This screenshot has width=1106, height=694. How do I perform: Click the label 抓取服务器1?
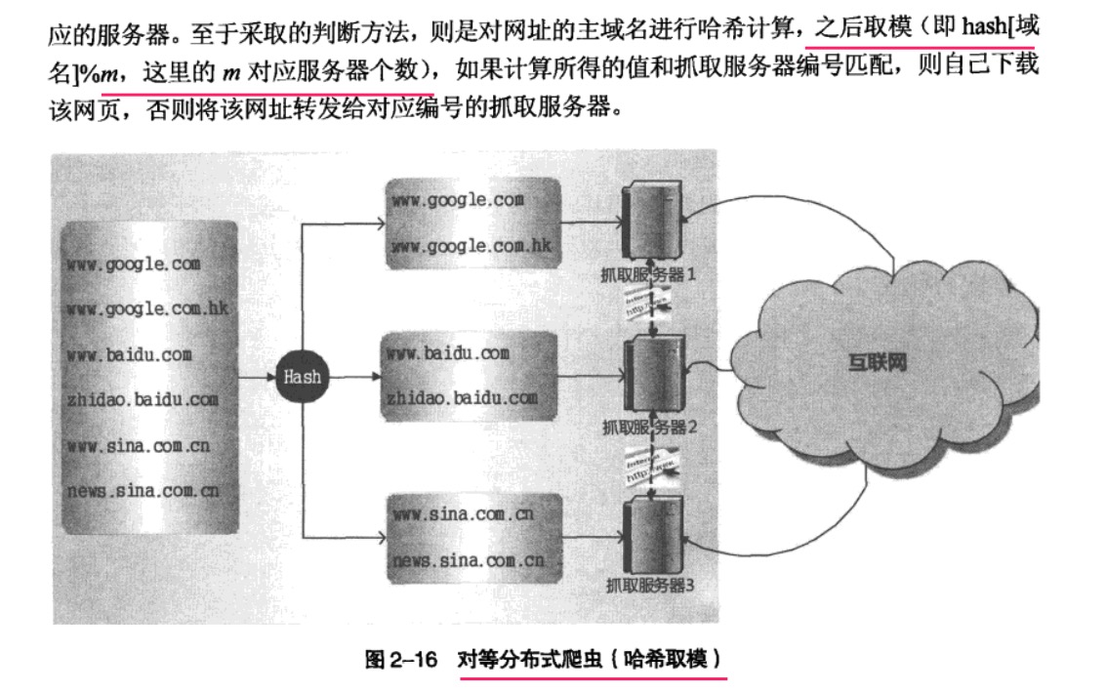pyautogui.click(x=650, y=275)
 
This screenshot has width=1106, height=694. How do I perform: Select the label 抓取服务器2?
pyautogui.click(x=649, y=427)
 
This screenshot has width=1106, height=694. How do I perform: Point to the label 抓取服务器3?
pyautogui.click(x=649, y=586)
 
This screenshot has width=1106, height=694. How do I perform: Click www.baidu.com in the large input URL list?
pyautogui.click(x=130, y=353)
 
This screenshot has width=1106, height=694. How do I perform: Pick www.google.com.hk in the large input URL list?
pyautogui.click(x=147, y=308)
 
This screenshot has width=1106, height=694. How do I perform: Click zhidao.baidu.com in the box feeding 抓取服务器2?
pyautogui.click(x=462, y=397)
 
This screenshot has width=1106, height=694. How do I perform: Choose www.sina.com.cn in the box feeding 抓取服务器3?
pyautogui.click(x=462, y=514)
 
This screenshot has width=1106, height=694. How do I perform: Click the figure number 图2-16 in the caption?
pyautogui.click(x=400, y=659)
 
